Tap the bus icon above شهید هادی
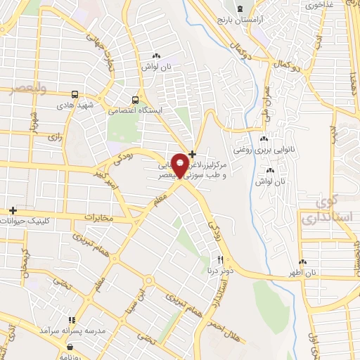click(75, 94)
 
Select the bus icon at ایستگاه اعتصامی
click(136, 99)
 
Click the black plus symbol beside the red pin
click(193, 153)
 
